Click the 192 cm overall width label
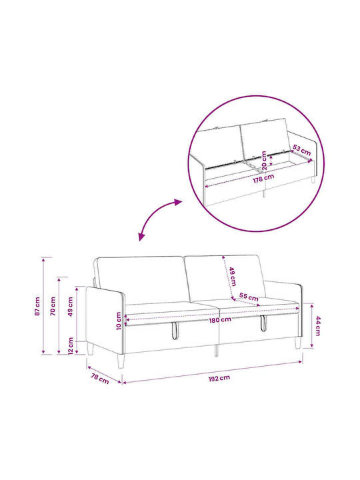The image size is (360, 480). [219, 379]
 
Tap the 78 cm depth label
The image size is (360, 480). [100, 379]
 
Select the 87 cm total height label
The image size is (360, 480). [37, 306]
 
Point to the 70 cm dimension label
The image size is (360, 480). [53, 306]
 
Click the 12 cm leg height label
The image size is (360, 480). [71, 346]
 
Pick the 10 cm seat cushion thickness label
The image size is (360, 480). [119, 321]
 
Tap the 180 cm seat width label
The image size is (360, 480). [220, 320]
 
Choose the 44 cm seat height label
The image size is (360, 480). [318, 326]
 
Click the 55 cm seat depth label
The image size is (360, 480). [249, 297]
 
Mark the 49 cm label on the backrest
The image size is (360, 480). [232, 277]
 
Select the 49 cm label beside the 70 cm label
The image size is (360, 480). [71, 306]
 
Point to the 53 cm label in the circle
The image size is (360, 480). [301, 150]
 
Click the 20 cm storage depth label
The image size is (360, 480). [264, 161]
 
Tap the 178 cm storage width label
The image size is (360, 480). [263, 178]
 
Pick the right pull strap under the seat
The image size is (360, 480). [263, 323]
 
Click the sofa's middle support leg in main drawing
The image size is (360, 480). [217, 350]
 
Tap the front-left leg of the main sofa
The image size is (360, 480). [121, 361]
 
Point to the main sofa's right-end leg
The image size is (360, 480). [298, 343]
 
